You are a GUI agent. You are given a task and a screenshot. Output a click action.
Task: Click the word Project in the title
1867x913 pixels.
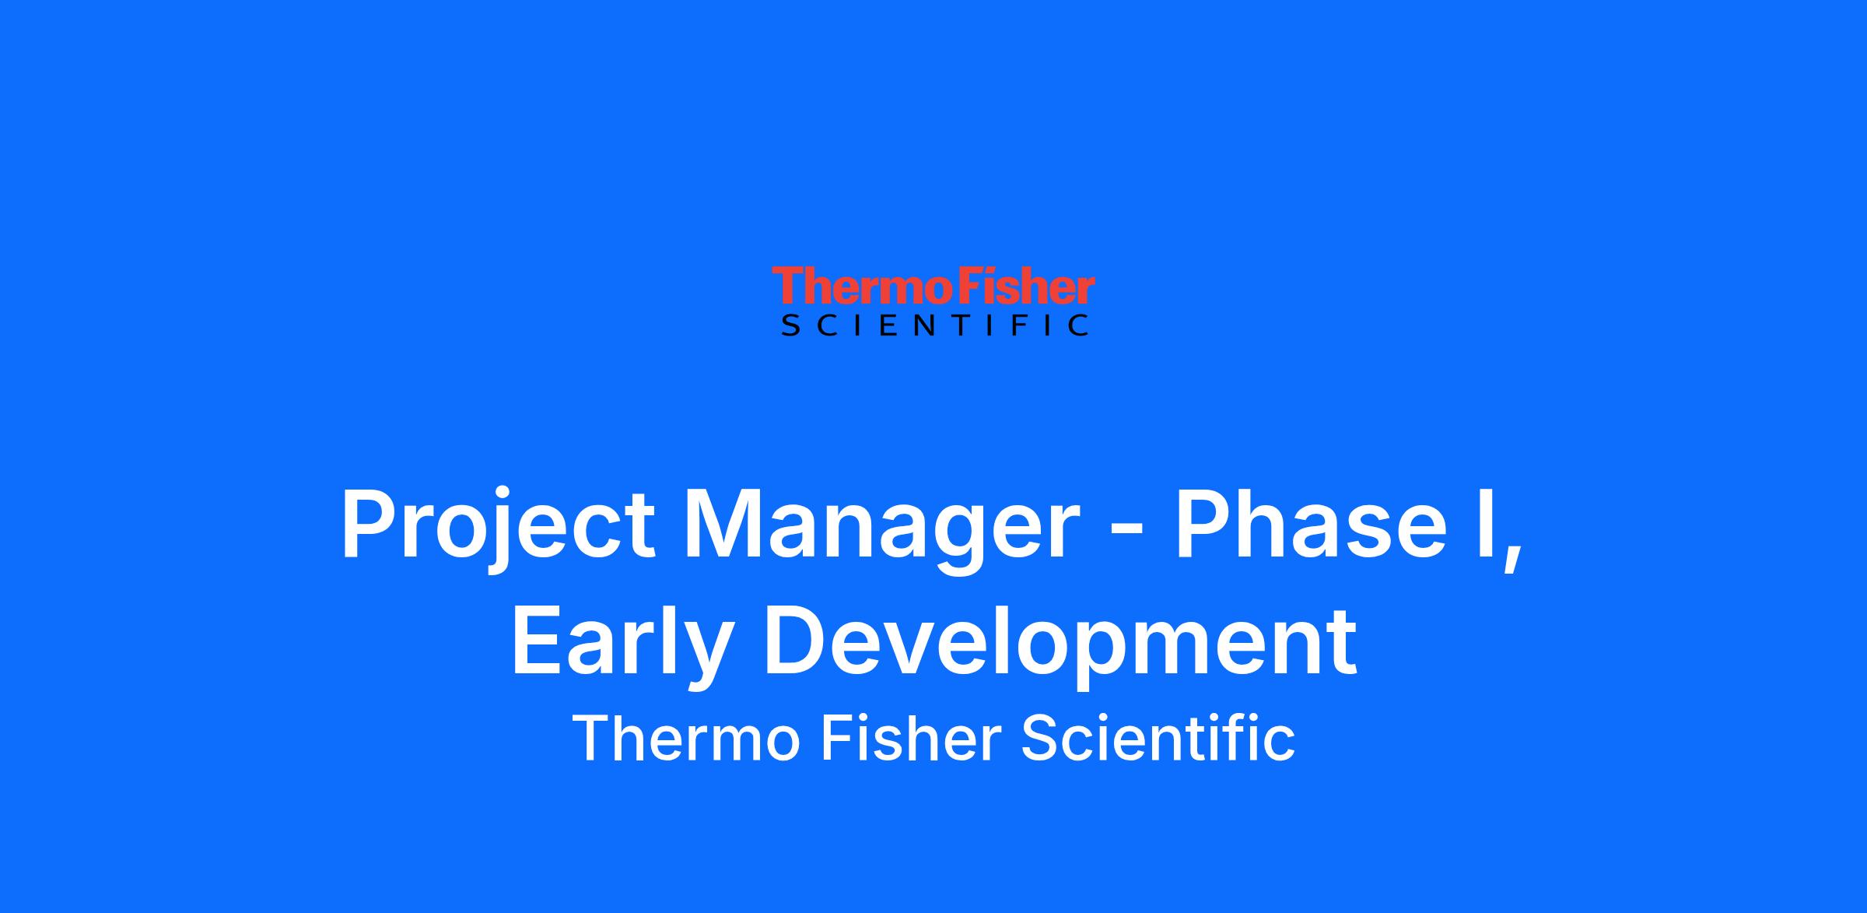pyautogui.click(x=498, y=525)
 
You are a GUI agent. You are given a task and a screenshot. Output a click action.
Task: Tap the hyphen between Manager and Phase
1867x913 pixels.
pyautogui.click(x=1125, y=531)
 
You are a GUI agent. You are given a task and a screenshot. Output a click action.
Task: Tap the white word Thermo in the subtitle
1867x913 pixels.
pyautogui.click(x=686, y=738)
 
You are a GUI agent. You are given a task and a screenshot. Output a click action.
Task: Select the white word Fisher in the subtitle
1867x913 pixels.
pyautogui.click(x=909, y=738)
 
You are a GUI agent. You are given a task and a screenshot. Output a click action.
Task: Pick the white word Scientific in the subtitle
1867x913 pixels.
pyautogui.click(x=1158, y=738)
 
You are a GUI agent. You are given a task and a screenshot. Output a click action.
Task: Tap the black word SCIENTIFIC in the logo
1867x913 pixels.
pyautogui.click(x=934, y=325)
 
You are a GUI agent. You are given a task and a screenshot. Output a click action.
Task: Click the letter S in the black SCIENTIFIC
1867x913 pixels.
pyautogui.click(x=790, y=325)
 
